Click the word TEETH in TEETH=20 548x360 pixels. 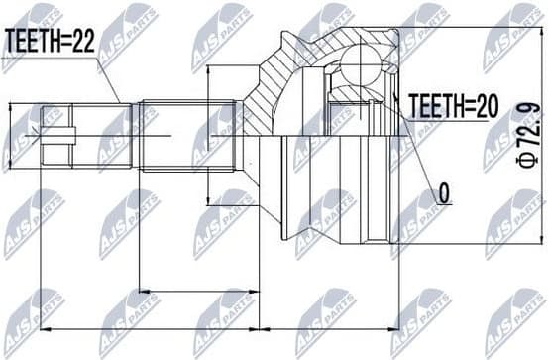click(432, 105)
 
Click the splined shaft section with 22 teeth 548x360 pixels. click(178, 134)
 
